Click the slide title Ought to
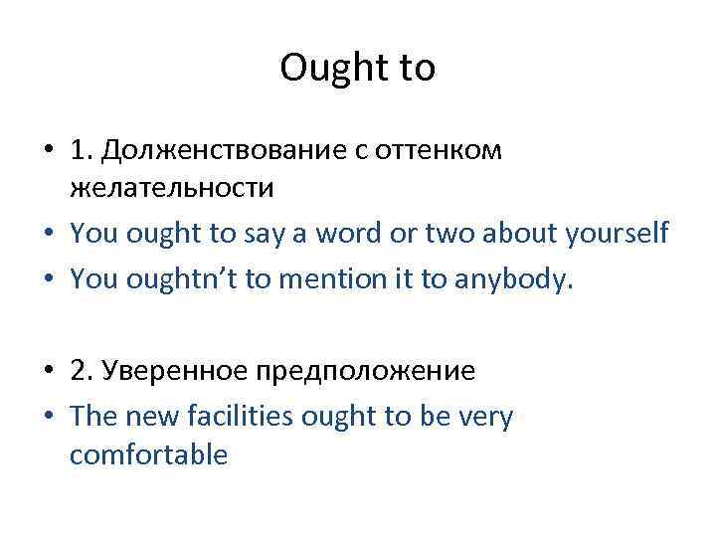tap(358, 68)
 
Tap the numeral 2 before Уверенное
tap(81, 371)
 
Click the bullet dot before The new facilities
tap(48, 418)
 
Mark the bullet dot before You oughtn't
tap(48, 280)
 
